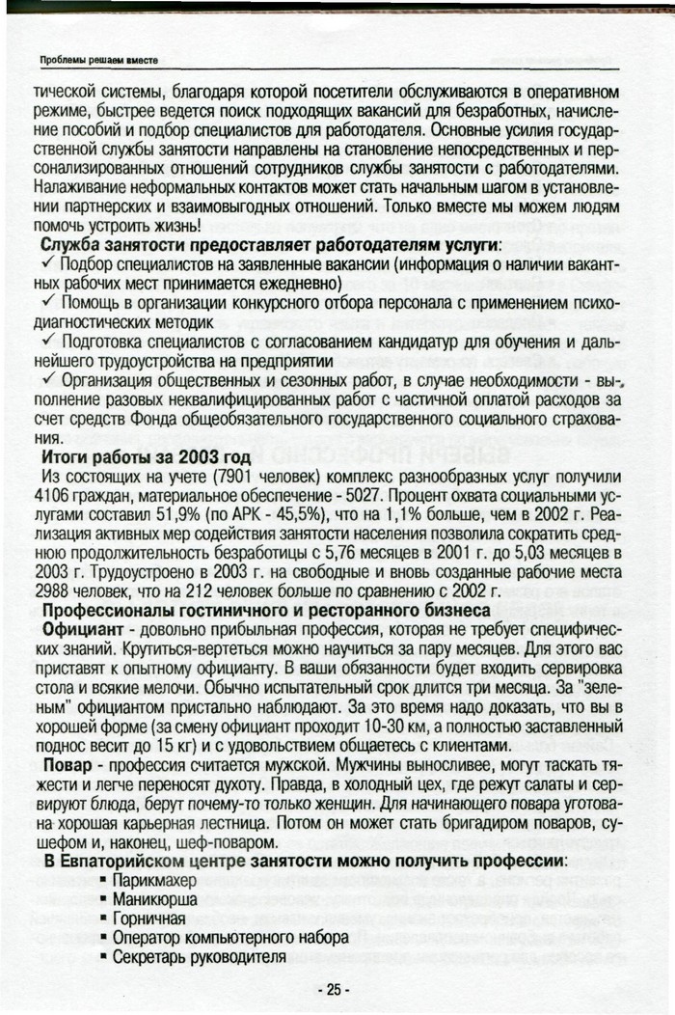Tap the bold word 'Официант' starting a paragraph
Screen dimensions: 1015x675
click(80, 628)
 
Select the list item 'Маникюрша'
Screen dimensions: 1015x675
click(154, 900)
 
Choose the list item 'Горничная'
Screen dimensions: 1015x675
click(151, 919)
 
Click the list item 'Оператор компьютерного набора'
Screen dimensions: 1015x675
click(229, 938)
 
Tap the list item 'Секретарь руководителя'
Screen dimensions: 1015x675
click(199, 957)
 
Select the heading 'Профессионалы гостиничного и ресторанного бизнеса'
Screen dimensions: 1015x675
click(262, 610)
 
